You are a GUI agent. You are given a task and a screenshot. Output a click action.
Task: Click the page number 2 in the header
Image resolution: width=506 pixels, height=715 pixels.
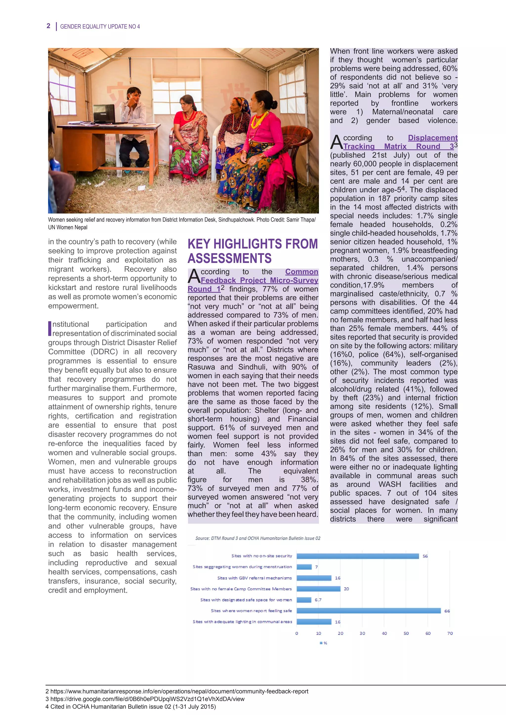tap(48, 26)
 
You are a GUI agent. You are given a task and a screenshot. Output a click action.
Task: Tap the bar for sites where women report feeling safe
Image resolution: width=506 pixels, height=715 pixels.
tap(368, 611)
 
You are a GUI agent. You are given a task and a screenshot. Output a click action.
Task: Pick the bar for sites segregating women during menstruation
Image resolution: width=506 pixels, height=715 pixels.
tap(304, 567)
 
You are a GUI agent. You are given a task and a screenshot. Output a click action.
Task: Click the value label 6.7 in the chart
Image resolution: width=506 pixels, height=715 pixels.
tap(318, 600)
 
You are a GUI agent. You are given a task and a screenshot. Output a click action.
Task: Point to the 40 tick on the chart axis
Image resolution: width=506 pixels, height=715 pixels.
tap(384, 633)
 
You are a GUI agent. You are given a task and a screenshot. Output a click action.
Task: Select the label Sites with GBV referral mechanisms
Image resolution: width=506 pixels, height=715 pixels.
tap(254, 578)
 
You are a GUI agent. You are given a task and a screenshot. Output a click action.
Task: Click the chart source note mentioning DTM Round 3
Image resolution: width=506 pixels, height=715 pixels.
tap(258, 538)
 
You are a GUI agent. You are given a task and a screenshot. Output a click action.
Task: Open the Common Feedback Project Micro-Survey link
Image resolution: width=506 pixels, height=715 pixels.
tap(259, 280)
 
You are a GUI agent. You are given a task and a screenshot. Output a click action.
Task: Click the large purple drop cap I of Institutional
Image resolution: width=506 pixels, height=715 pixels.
tap(50, 329)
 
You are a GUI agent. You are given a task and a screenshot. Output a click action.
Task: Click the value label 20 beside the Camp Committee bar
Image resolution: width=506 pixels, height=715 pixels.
tap(346, 589)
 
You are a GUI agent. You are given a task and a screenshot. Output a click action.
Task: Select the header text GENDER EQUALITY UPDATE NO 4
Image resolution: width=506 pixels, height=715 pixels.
tap(100, 26)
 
